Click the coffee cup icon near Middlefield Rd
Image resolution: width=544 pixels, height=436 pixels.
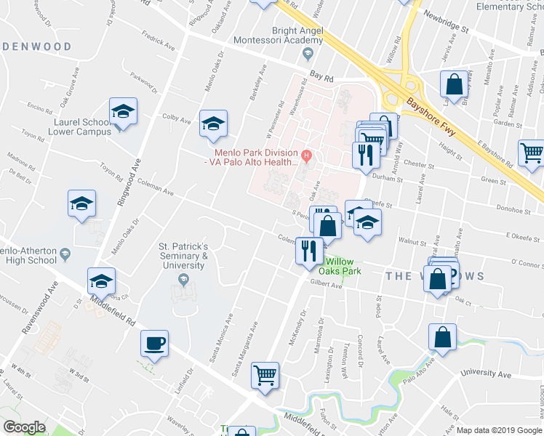pyautogui.click(x=155, y=343)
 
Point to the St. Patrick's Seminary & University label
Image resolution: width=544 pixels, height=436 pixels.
pyautogui.click(x=184, y=256)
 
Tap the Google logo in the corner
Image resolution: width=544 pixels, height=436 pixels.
pyautogui.click(x=24, y=427)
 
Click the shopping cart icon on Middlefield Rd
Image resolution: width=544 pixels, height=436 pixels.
pyautogui.click(x=265, y=376)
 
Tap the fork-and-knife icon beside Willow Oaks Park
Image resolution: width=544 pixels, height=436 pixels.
pyautogui.click(x=308, y=250)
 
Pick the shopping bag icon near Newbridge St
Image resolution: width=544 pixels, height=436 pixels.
pyautogui.click(x=454, y=84)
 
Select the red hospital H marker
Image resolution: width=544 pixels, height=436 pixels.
pyautogui.click(x=307, y=154)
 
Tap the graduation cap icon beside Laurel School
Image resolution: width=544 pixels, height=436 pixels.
pyautogui.click(x=123, y=113)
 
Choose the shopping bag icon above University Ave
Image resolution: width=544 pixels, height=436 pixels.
pyautogui.click(x=442, y=337)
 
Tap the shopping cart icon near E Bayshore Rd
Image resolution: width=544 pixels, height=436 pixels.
pyautogui.click(x=532, y=153)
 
